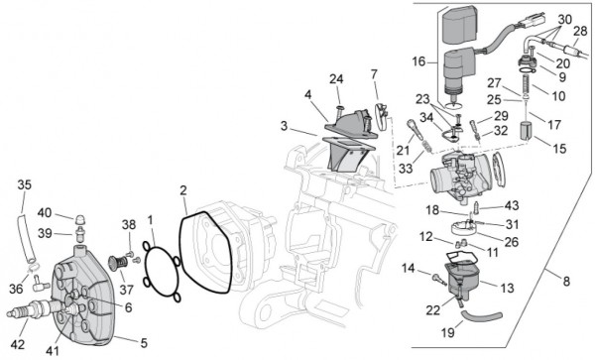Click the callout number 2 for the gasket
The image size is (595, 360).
point(182,189)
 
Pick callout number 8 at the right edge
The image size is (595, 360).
point(566,281)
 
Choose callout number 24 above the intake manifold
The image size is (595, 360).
point(336,78)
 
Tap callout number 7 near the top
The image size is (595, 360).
point(374,73)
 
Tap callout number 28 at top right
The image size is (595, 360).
point(579,32)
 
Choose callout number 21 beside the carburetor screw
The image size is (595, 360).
point(402,150)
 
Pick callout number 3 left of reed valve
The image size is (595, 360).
point(285,128)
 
